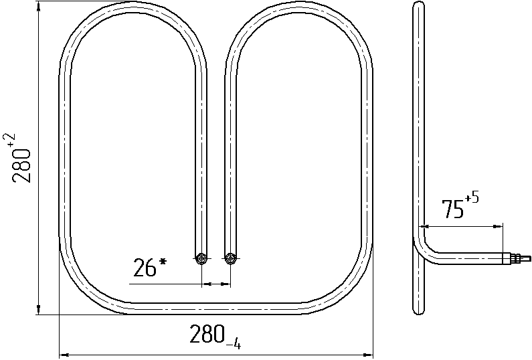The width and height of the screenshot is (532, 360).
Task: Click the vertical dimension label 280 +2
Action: coord(21,157)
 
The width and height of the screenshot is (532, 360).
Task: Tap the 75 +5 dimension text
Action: coord(460,206)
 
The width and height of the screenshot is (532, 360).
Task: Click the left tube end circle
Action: coord(202,259)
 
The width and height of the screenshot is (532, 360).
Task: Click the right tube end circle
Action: coord(231,259)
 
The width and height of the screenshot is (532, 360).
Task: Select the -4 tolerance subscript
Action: coord(234,345)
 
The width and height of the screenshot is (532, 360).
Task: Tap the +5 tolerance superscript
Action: coord(472,198)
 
